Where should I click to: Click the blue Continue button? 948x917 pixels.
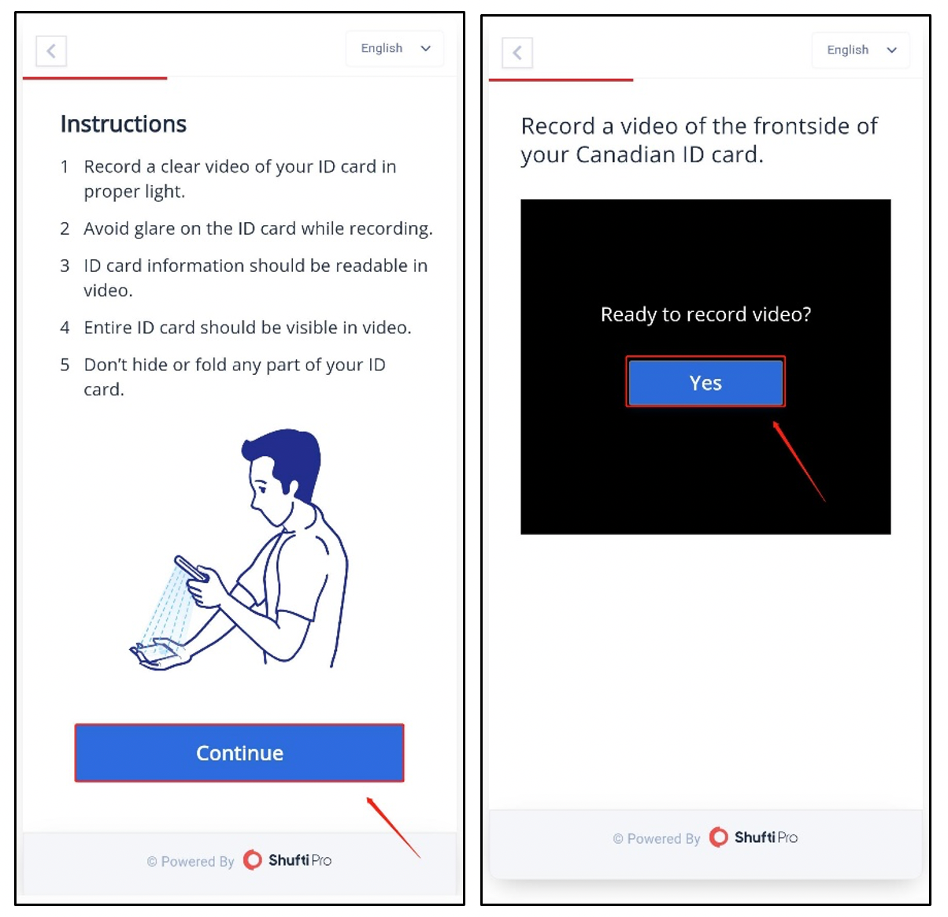click(x=239, y=752)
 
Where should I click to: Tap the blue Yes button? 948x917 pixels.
click(x=705, y=383)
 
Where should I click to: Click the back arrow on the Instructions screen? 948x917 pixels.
click(x=51, y=50)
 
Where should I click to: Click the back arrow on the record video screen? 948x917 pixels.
click(x=517, y=53)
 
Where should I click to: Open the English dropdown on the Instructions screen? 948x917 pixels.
click(x=394, y=48)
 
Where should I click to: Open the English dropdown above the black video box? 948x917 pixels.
click(x=861, y=50)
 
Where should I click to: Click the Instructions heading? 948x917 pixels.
click(x=124, y=124)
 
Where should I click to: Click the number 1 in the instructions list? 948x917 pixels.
click(x=65, y=167)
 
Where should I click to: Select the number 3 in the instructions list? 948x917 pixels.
click(x=65, y=265)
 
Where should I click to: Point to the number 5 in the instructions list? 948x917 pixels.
click(x=65, y=365)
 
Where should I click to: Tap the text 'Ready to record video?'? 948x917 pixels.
click(x=705, y=314)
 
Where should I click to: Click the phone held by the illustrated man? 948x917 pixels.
click(x=191, y=568)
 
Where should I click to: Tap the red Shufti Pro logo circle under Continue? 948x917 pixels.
click(x=252, y=859)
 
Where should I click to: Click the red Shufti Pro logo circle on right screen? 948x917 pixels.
click(x=718, y=837)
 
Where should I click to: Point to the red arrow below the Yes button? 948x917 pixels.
click(x=799, y=461)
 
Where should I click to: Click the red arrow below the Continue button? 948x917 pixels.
click(x=393, y=827)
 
